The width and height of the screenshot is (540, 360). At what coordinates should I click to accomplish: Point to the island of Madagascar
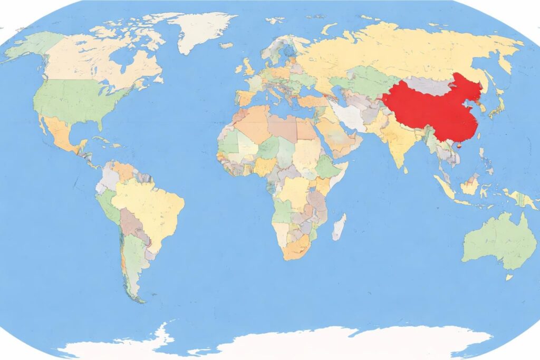click(x=339, y=227)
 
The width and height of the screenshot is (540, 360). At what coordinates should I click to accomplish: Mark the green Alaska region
click(x=32, y=45)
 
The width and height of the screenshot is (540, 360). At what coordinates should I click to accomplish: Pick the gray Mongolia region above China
click(x=427, y=84)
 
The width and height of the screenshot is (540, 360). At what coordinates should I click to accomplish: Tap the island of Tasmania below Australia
click(x=509, y=277)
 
